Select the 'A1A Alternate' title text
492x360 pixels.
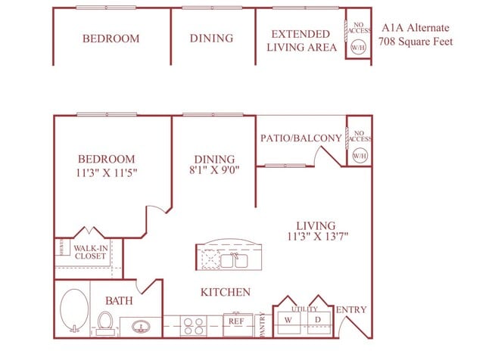416,27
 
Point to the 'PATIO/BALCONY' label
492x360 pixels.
300,138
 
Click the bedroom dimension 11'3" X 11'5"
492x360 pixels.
107,172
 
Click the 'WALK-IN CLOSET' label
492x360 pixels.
90,251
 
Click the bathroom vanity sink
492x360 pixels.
141,327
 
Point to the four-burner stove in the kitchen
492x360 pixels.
193,325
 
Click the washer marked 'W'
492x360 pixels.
288,320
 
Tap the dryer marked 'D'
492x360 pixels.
318,320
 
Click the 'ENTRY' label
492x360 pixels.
350,309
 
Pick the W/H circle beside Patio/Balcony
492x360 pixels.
358,155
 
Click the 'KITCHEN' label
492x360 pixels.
225,292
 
